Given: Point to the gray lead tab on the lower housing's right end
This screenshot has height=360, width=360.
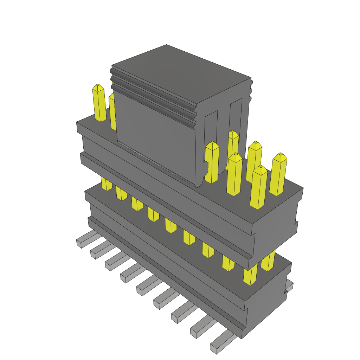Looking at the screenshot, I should point(289,286).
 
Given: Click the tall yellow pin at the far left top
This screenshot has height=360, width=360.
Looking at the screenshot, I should point(99,103).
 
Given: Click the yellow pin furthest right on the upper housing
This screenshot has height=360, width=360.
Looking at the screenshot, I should point(278,174).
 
